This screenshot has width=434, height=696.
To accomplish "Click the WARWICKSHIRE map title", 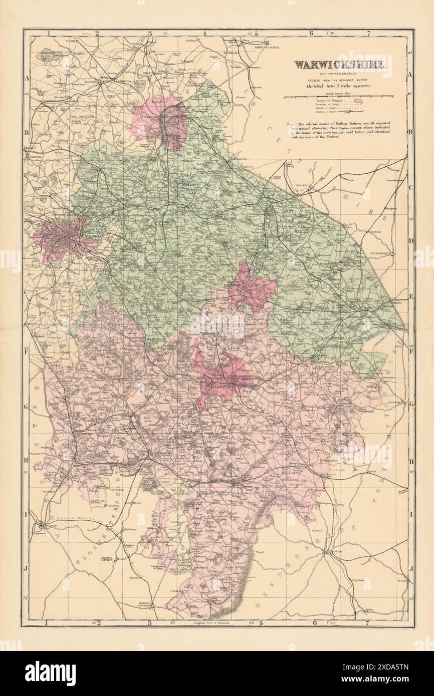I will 339,65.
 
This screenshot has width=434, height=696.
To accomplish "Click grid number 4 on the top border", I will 204,34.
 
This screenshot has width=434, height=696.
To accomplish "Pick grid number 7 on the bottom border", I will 369,623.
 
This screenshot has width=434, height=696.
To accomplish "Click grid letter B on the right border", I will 409,132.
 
